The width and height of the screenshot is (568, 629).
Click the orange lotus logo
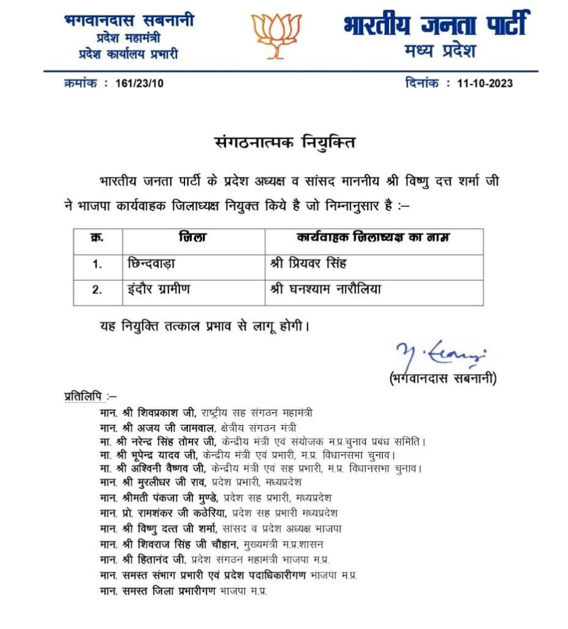point(277,35)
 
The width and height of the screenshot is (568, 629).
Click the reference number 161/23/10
point(140,83)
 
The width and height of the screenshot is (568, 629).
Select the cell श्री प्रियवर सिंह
point(308,264)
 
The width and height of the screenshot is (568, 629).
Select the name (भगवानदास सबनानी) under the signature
point(443,379)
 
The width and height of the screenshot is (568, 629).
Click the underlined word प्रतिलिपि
point(84,396)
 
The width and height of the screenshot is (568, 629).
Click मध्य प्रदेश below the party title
point(440,52)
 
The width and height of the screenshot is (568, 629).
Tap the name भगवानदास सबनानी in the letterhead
point(128,21)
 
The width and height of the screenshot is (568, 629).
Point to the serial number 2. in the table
point(97,289)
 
